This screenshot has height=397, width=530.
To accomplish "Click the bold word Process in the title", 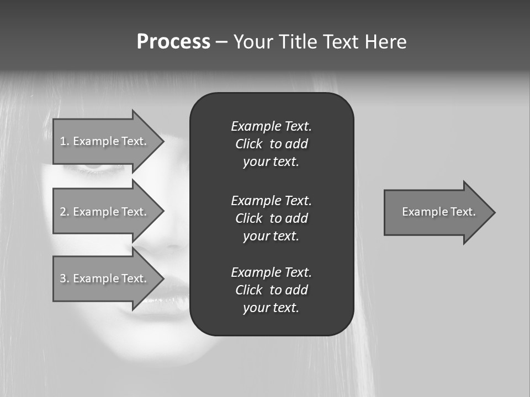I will click(173, 42).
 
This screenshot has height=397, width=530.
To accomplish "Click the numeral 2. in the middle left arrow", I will click(64, 212).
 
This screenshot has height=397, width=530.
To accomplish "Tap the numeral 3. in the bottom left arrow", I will click(64, 278).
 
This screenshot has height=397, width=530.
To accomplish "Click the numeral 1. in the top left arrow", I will click(64, 141).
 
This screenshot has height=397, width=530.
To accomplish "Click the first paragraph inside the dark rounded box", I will click(271, 144).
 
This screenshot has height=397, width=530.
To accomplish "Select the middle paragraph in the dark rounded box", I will click(271, 218).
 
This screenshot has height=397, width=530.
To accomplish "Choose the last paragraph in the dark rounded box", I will click(271, 290).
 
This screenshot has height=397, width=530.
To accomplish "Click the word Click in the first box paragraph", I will click(248, 144).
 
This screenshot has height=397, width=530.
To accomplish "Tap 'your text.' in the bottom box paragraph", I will click(271, 308).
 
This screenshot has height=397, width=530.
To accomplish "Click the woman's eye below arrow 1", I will click(97, 167).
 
